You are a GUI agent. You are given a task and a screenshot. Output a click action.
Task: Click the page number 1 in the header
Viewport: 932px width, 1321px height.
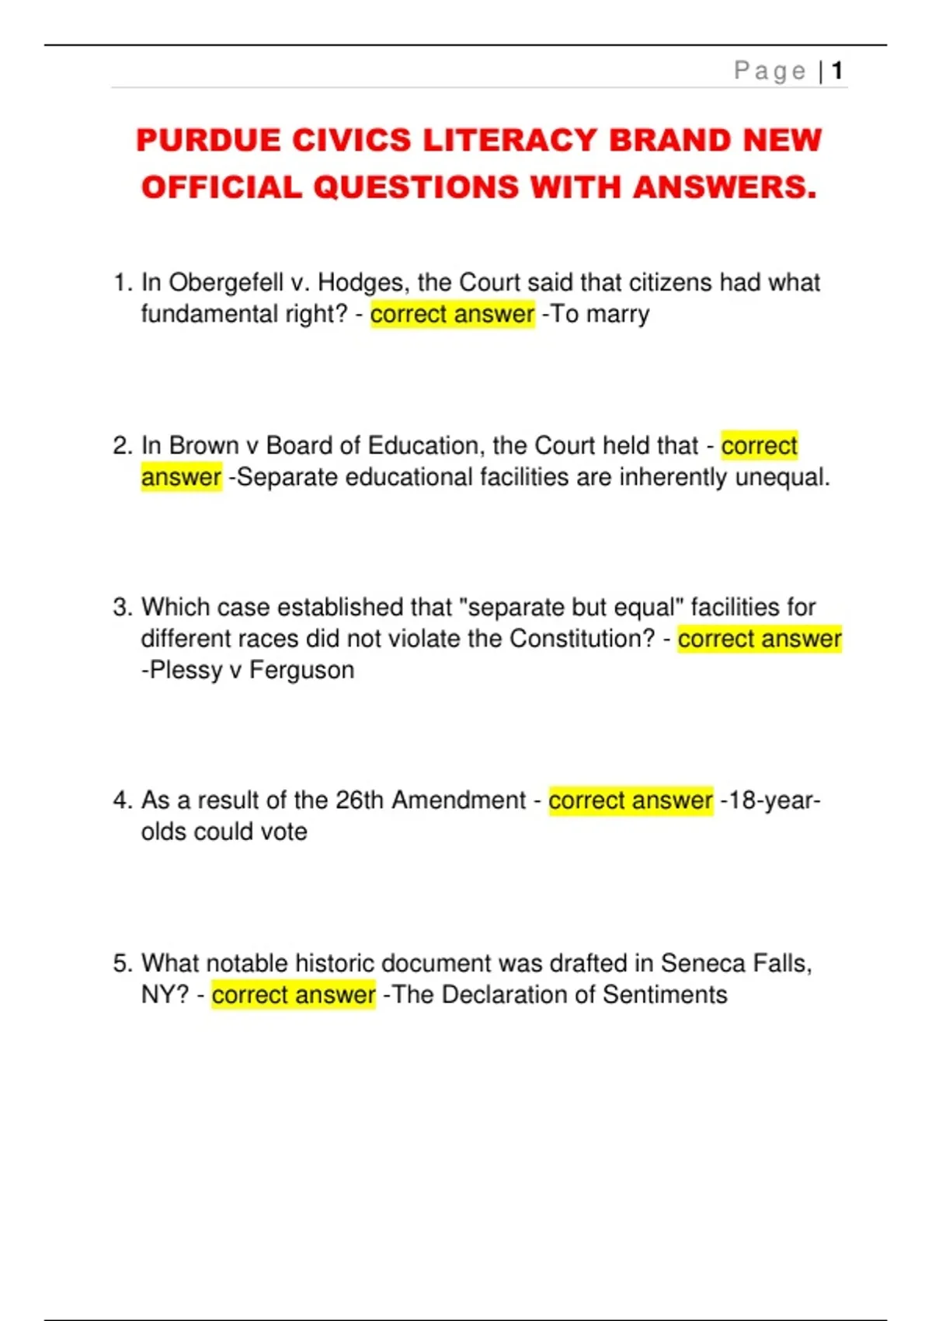(x=836, y=71)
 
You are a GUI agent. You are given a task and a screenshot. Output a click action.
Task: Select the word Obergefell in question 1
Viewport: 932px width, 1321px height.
(x=226, y=282)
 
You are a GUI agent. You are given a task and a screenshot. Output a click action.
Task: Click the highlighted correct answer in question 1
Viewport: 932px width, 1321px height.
(x=452, y=315)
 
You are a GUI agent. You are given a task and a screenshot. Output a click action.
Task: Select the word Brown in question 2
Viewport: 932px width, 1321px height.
(x=203, y=445)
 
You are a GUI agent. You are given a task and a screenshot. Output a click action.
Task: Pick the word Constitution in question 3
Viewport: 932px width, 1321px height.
(x=582, y=639)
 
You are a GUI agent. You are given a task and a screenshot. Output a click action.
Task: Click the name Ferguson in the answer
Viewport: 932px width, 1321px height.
(x=301, y=670)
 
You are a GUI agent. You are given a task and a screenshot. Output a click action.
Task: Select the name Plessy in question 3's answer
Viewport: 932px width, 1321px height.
(x=186, y=670)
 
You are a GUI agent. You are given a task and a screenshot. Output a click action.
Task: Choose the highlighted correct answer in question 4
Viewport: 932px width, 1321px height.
(x=631, y=800)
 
